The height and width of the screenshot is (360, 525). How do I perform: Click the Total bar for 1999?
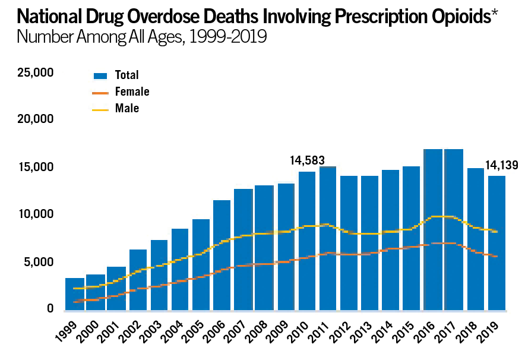(74, 294)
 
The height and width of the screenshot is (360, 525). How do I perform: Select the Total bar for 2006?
(222, 255)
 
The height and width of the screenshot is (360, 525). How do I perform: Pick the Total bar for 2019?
(496, 243)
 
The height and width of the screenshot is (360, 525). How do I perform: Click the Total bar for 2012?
(349, 243)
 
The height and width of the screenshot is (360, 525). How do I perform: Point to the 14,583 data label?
(307, 160)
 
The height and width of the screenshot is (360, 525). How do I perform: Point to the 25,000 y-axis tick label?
(36, 73)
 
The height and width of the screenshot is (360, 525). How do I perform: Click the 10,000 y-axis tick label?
(36, 214)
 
